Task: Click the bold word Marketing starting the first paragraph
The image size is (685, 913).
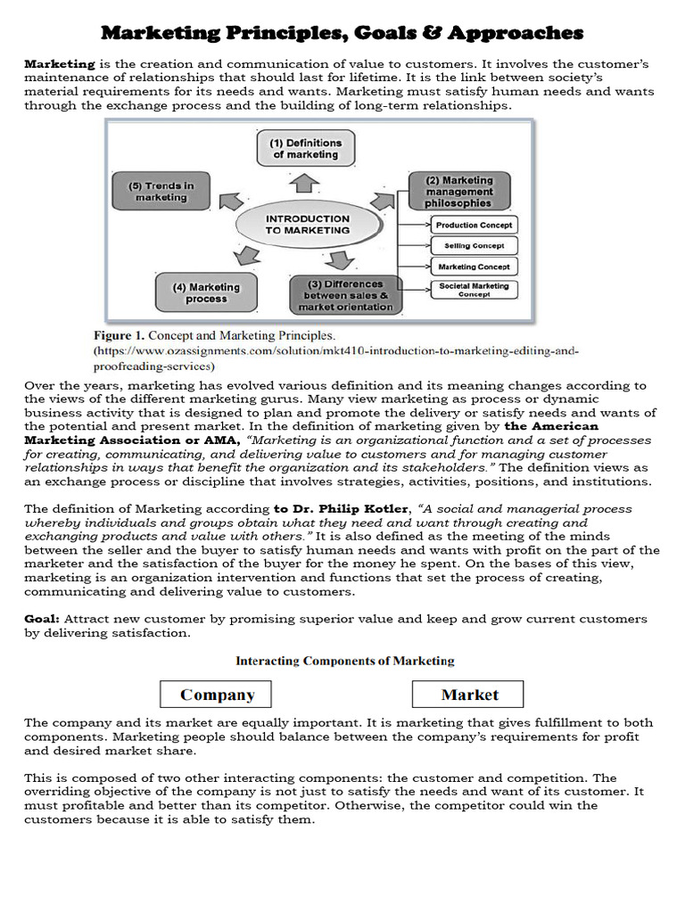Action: coord(59,64)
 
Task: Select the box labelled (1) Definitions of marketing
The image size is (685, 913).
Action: coord(306,148)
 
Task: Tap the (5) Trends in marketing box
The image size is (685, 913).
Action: coord(161,191)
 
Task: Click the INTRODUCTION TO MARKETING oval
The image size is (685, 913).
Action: coord(308,224)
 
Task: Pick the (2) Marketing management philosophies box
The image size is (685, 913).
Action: coord(458,192)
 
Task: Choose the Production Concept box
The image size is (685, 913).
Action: coord(473,226)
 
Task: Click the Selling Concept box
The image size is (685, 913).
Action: coord(473,246)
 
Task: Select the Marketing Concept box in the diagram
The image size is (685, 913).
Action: coord(473,267)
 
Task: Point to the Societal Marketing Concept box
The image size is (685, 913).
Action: coord(473,290)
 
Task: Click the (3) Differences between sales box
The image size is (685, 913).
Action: coord(345,295)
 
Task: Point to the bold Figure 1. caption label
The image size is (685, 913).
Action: coord(119,336)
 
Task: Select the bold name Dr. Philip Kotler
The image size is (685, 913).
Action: coord(327,509)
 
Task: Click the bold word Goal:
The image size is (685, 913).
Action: coord(42,619)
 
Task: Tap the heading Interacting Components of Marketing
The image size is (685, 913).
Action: coord(344,661)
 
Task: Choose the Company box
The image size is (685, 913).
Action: coord(216,695)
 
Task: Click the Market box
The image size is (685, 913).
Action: coord(468,695)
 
